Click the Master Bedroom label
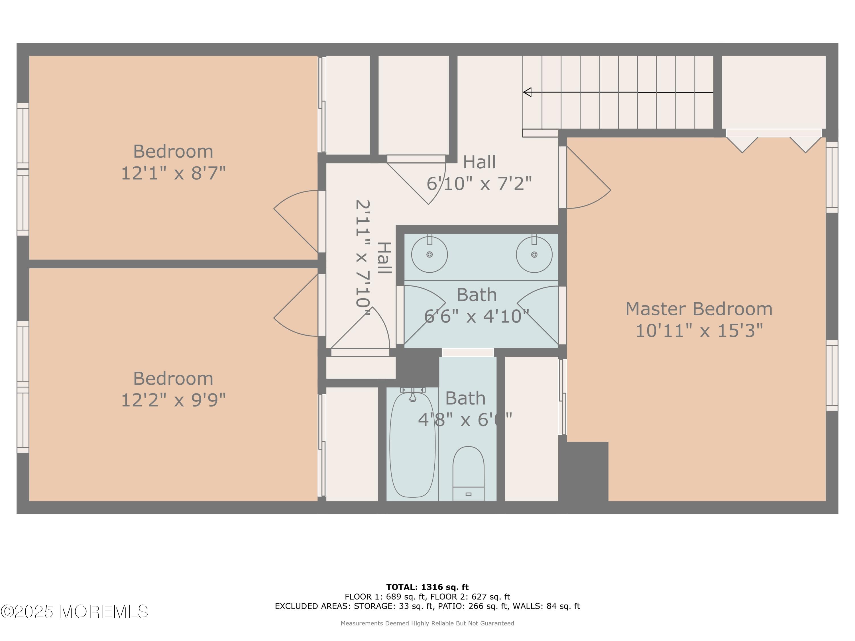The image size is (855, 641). pyautogui.click(x=699, y=309)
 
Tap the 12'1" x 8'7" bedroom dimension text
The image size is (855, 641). pyautogui.click(x=173, y=173)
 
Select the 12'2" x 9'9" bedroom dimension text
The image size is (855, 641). pyautogui.click(x=173, y=400)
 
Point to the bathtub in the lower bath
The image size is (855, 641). pyautogui.click(x=412, y=444)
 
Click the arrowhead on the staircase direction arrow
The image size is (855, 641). pyautogui.click(x=527, y=92)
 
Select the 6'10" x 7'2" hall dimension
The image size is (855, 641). pyautogui.click(x=479, y=183)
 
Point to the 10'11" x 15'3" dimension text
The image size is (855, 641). pyautogui.click(x=699, y=331)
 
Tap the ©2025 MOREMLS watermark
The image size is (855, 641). pyautogui.click(x=74, y=612)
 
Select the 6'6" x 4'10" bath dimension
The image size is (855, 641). pyautogui.click(x=477, y=317)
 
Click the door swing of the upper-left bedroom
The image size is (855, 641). pyautogui.click(x=296, y=221)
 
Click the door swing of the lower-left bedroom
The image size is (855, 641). pyautogui.click(x=296, y=305)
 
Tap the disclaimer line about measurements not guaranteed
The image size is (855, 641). pyautogui.click(x=427, y=623)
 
